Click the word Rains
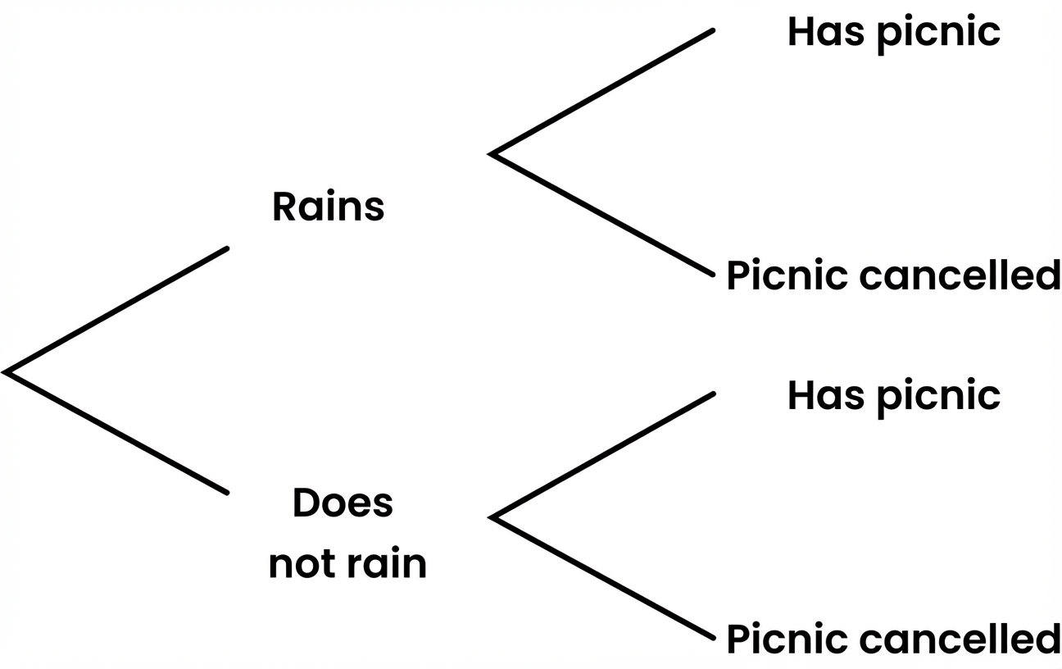328,207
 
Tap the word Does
343,503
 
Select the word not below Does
300,564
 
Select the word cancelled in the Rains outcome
959,275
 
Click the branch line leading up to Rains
116,309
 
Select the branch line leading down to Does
116,433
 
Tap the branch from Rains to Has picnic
602,92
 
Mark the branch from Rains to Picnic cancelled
602,215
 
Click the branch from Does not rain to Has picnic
602,456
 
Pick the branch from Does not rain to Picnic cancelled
602,579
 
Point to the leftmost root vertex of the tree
7,371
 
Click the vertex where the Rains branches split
492,153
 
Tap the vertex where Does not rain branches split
492,517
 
